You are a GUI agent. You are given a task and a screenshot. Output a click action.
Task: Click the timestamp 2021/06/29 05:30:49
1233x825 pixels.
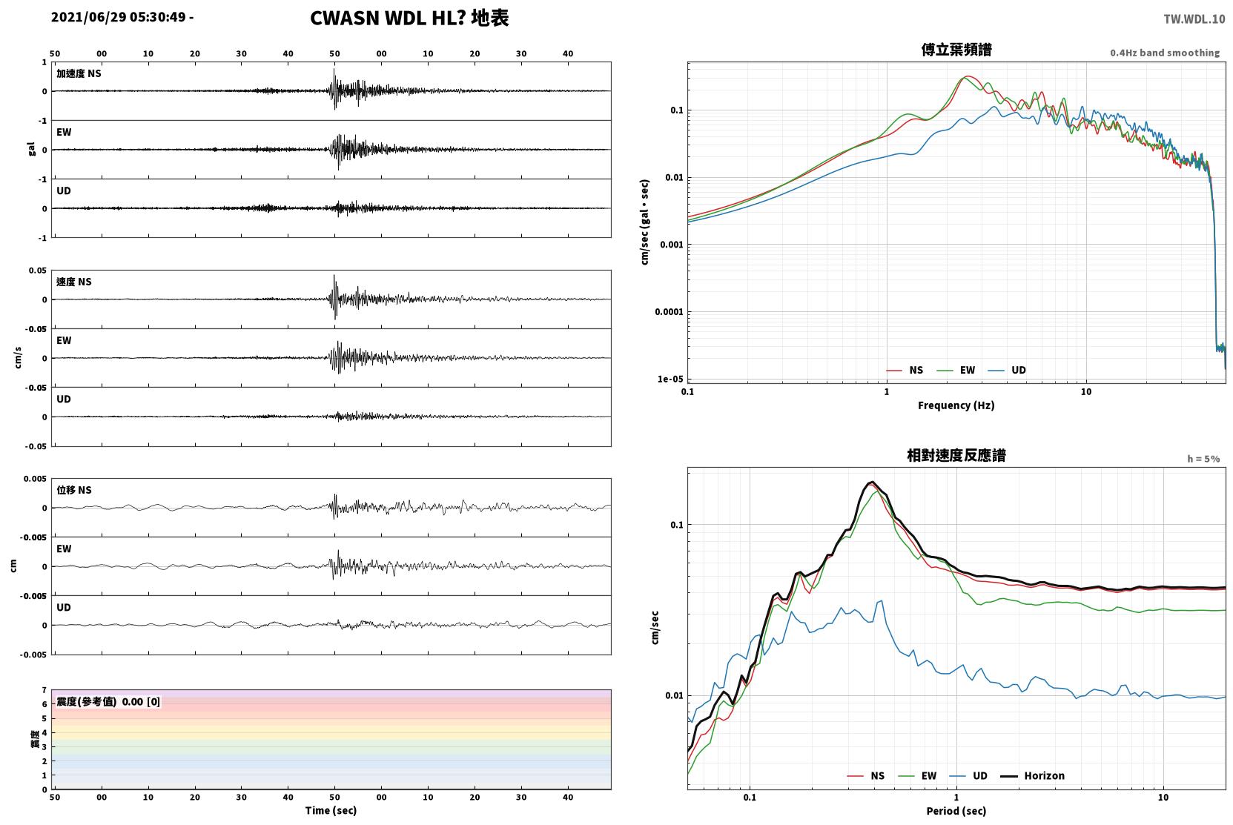coord(119,17)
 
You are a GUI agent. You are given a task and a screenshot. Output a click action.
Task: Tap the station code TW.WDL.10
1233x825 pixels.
coord(1194,19)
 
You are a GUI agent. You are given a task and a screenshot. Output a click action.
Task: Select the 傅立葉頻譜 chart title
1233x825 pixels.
coord(956,50)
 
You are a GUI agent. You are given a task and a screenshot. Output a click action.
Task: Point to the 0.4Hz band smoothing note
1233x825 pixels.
coord(1165,53)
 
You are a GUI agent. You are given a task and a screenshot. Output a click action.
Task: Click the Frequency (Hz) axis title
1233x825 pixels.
coord(956,405)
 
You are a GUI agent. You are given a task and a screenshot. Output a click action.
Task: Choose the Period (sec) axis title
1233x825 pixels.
coord(956,811)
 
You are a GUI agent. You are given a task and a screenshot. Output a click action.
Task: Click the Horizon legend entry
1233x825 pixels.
coord(1033,776)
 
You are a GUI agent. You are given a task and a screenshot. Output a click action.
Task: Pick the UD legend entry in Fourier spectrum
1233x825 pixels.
coord(1007,371)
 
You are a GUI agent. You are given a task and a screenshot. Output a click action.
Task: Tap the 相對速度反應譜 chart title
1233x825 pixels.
coord(956,456)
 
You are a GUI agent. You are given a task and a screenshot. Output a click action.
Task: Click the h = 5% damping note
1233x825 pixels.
coord(1203,459)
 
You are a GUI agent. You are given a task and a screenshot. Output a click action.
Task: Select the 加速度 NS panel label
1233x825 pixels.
coord(79,73)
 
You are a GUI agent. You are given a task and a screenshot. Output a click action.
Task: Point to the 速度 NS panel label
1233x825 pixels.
coord(73,282)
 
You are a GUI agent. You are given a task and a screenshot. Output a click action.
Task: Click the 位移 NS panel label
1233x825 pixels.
coord(73,490)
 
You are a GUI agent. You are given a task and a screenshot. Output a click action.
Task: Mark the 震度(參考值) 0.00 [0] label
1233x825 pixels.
coord(108,702)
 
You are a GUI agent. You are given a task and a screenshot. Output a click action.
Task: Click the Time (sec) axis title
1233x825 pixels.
coord(331,811)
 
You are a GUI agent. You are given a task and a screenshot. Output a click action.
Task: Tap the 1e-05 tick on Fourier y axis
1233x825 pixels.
coord(670,380)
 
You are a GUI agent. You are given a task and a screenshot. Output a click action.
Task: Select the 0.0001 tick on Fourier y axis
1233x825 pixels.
coord(669,312)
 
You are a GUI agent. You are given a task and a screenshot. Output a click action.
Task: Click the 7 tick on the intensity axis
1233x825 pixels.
coord(44,690)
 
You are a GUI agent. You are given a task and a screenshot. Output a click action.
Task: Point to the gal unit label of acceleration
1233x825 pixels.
coord(31,149)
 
